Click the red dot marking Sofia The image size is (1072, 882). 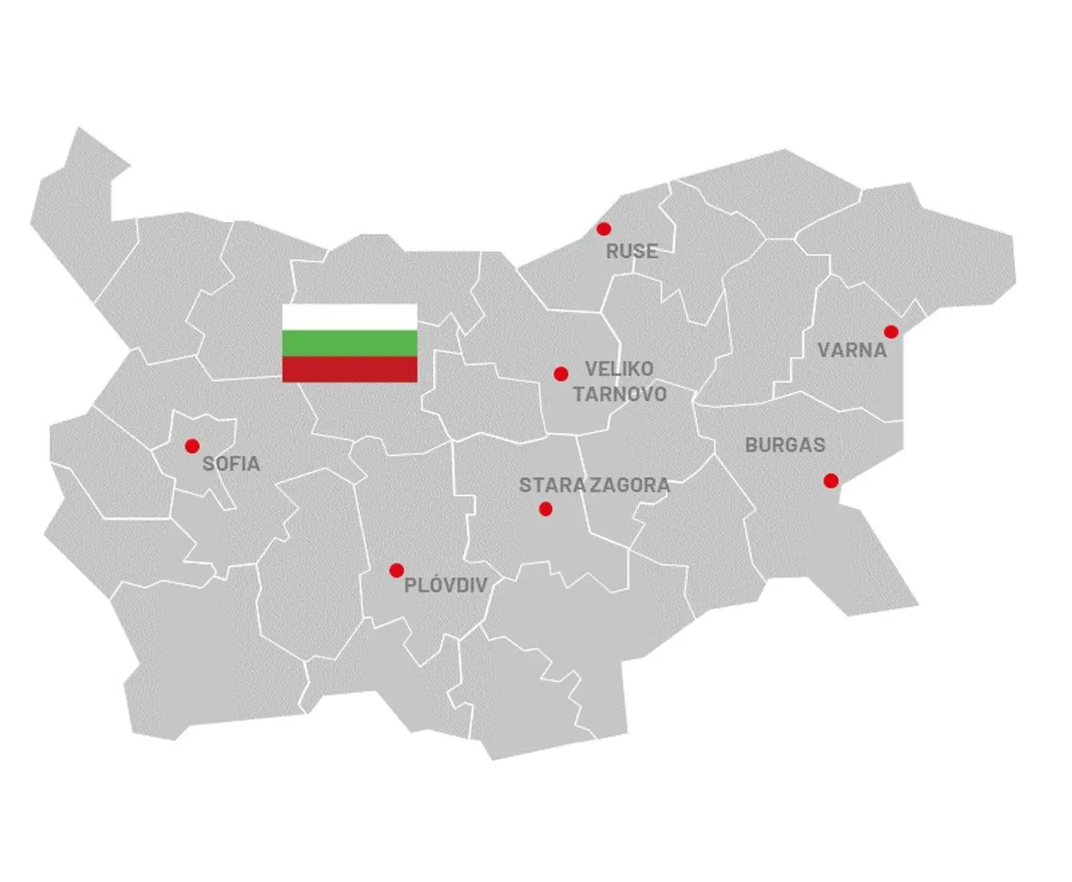pos(192,446)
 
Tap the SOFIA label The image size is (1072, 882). pos(231,464)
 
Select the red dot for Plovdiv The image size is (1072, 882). pos(397,570)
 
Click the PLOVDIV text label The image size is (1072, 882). pos(446,586)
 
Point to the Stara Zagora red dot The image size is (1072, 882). pos(545,508)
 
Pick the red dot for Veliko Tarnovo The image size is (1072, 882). pos(561,374)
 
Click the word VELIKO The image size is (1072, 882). pos(619,369)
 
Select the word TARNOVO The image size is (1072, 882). pos(620,394)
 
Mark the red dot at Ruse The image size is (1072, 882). pos(603,228)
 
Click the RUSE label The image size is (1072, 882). pos(632,251)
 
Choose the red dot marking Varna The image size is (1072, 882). pos(891,332)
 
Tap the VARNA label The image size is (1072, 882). pos(852,351)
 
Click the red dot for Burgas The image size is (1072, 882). pos(831,481)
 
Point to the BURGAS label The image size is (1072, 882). pos(785,445)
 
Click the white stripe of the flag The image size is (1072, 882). pos(350,317)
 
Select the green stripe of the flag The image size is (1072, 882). pos(350,343)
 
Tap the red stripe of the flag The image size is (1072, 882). pos(350,369)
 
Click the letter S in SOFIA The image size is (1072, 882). pos(208,464)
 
